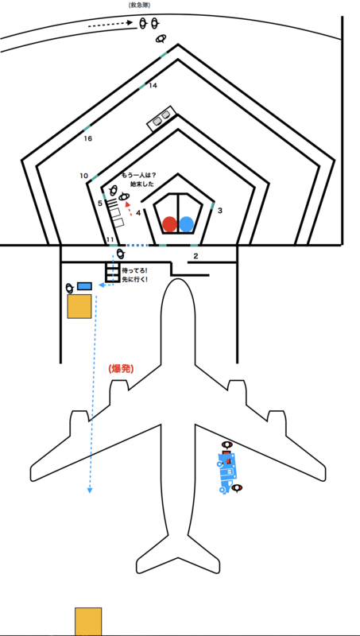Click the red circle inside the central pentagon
point(169,224)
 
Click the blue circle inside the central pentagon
point(187,224)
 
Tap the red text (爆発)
point(122,369)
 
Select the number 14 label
point(153,85)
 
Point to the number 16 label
point(88,138)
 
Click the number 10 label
point(84,176)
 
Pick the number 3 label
point(219,211)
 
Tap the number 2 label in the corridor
point(195,256)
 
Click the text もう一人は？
point(138,175)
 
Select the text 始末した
point(139,184)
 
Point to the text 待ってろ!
point(134,270)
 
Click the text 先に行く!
point(134,279)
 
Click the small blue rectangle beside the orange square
point(84,286)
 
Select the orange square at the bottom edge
point(88,622)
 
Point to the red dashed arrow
point(128,208)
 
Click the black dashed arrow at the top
point(110,24)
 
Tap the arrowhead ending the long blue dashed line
point(90,491)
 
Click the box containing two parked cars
point(161,118)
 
